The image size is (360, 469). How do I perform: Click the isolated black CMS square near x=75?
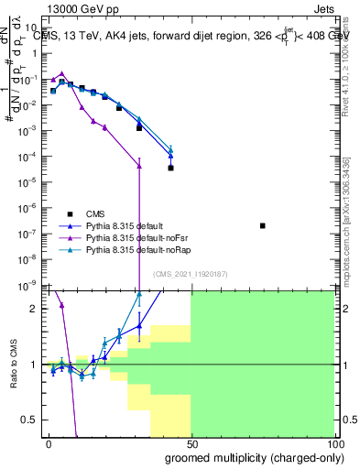coord(263,225)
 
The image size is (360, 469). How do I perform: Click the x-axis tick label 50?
coord(191,443)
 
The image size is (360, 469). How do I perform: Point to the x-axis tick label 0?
coord(49,443)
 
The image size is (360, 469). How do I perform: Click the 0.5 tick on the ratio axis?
coord(30,420)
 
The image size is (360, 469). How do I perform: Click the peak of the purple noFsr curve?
coord(61,73)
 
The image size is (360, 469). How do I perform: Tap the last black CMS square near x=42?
coord(170,168)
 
